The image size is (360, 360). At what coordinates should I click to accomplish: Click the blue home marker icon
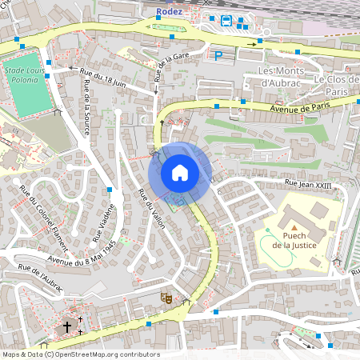pyautogui.click(x=180, y=173)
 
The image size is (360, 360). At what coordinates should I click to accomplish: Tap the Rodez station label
pyautogui.click(x=170, y=10)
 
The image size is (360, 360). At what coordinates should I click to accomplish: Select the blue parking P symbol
pyautogui.click(x=218, y=55)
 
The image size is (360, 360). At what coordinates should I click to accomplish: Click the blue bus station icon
pyautogui.click(x=226, y=21)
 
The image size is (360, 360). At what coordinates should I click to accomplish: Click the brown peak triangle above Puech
pyautogui.click(x=292, y=227)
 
